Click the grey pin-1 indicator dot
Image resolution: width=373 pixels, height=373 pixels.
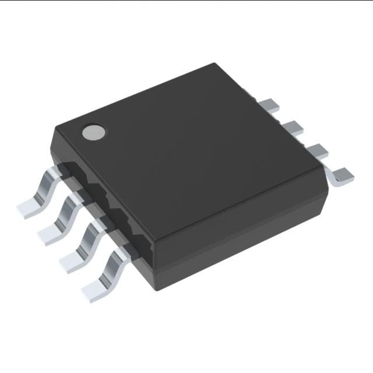click(93, 132)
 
